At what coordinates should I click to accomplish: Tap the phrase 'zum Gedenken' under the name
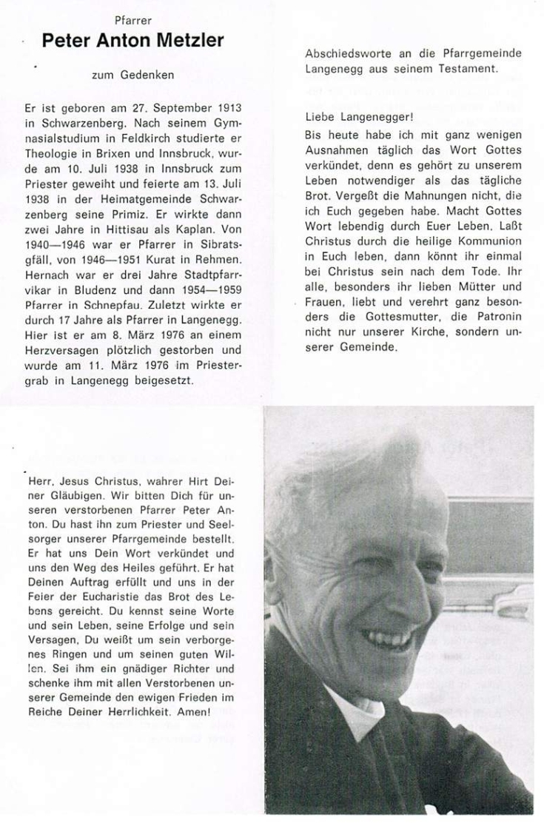click(x=132, y=75)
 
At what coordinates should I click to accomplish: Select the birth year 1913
click(x=227, y=107)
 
